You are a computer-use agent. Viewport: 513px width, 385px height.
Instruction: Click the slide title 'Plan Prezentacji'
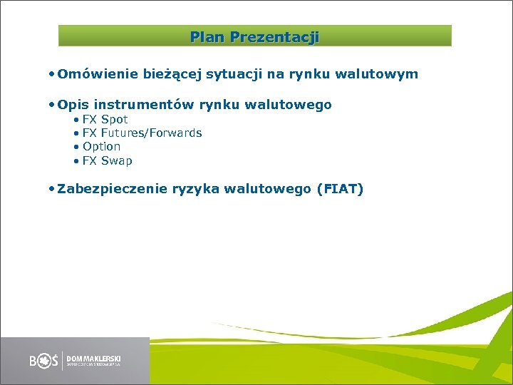point(254,36)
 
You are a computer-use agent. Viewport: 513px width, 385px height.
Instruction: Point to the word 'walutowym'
point(382,73)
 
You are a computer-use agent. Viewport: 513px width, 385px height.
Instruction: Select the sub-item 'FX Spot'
point(105,119)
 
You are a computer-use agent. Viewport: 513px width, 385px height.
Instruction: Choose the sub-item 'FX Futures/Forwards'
point(142,133)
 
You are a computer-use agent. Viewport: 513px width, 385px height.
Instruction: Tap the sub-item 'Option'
point(101,146)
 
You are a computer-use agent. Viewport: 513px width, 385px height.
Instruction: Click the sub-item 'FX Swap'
point(107,160)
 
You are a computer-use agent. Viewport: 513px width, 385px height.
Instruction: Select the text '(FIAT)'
point(340,189)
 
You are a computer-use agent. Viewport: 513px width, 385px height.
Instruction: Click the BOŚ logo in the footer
point(44,361)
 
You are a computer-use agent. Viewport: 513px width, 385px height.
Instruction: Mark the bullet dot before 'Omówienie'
point(53,73)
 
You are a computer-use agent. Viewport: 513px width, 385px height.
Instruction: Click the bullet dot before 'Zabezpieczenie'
point(53,189)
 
